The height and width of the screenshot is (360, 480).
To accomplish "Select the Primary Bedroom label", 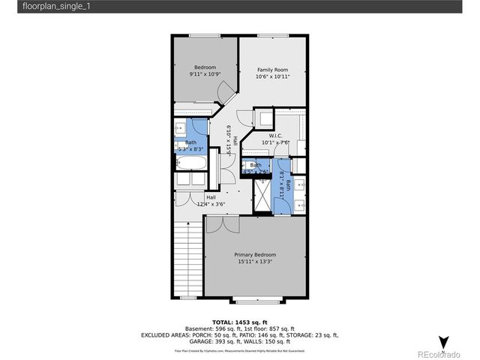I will pos(255,254).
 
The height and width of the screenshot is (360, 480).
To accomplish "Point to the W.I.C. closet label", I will pos(275,136).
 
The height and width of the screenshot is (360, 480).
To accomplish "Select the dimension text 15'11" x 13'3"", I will pos(255,262).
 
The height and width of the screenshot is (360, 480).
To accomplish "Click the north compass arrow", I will pos(443,342).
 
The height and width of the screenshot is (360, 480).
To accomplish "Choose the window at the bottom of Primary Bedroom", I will pos(259,300).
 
